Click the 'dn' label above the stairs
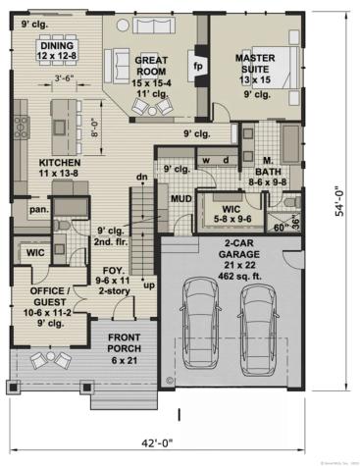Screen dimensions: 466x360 (x=141, y=176)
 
